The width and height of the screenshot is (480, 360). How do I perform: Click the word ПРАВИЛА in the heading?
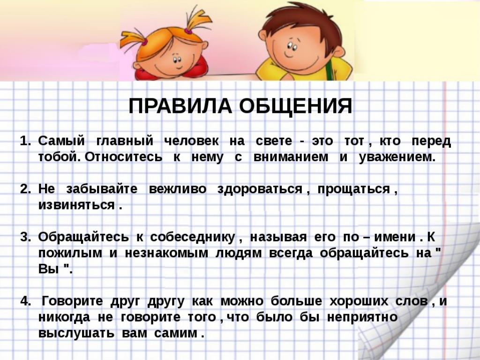tap(180, 106)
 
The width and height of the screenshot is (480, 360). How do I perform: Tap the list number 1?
tap(25, 141)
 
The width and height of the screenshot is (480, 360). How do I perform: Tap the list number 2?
tap(25, 189)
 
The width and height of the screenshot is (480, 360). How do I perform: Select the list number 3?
tap(25, 237)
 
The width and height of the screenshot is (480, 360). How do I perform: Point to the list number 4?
tap(25, 301)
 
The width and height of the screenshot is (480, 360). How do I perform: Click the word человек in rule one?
tap(192, 141)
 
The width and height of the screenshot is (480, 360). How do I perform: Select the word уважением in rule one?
tap(397, 157)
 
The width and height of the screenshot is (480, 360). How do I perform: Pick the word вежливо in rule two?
tap(178, 189)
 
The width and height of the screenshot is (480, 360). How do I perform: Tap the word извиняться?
tap(76, 205)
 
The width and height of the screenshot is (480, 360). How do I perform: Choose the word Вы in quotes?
tap(48, 270)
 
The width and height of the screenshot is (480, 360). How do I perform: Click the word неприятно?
tap(362, 317)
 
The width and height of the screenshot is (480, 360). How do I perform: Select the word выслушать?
tap(76, 333)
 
